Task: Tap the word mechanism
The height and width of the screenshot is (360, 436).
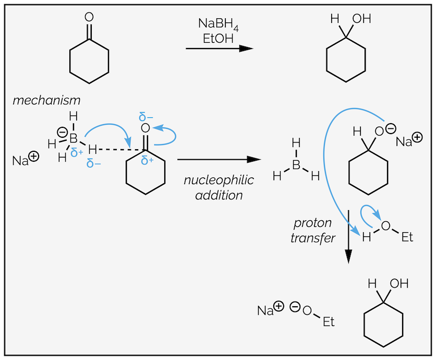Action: [x=47, y=100]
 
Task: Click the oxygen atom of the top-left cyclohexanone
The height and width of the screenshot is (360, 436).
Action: [x=89, y=17]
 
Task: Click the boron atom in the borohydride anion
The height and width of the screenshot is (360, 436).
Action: [x=74, y=138]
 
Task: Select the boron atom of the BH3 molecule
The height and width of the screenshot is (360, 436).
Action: [x=296, y=165]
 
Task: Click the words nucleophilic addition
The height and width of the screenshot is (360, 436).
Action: [x=219, y=188]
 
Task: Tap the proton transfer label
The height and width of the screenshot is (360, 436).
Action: [x=312, y=230]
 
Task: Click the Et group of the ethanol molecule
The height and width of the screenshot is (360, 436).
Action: [x=407, y=237]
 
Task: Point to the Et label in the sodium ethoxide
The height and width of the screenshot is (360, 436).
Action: [x=328, y=321]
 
